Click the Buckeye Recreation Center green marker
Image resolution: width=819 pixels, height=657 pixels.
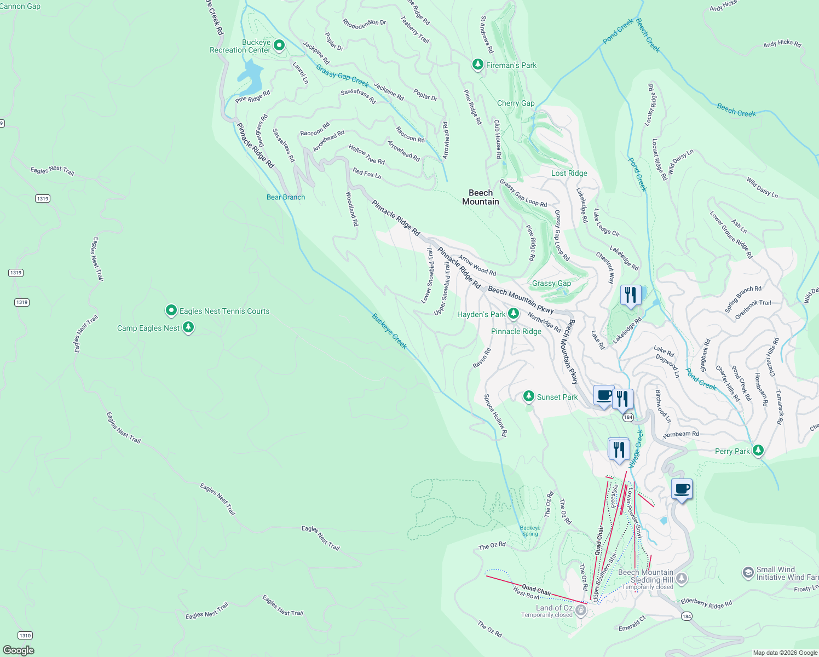[279, 45]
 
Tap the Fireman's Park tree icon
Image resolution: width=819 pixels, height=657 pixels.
[478, 65]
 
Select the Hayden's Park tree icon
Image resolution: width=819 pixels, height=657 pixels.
[513, 314]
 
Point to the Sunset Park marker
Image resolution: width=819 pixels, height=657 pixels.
[528, 396]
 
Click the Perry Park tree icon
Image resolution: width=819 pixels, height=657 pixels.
[758, 451]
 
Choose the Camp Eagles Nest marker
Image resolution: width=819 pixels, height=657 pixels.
[188, 327]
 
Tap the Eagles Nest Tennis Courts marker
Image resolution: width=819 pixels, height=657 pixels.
[171, 311]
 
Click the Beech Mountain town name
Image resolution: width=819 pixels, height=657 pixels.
[480, 197]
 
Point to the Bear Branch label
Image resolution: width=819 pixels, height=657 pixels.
[285, 197]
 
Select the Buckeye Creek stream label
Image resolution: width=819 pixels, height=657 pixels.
[389, 331]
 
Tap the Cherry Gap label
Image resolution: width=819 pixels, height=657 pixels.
[515, 103]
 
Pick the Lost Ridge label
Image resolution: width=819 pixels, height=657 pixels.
[569, 173]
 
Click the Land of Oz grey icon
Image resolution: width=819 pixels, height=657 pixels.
[581, 610]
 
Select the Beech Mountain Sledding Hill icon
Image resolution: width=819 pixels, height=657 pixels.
[682, 578]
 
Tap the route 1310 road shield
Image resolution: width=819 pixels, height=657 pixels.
[25, 635]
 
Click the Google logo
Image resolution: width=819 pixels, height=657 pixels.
[18, 650]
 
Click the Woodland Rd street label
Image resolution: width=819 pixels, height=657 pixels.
[352, 209]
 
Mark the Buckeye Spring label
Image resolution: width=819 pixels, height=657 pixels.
[530, 531]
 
